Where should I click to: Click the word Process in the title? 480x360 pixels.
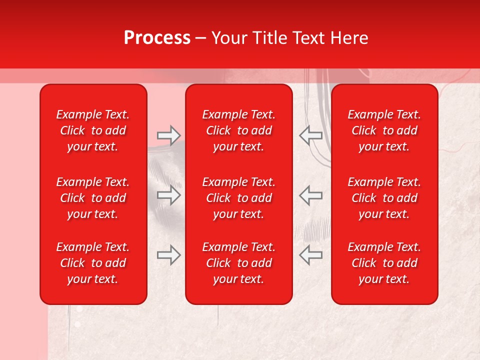point(157,38)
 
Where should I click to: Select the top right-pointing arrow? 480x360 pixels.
point(168,135)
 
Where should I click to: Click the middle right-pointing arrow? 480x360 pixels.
point(168,195)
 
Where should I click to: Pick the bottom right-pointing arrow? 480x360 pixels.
point(168,255)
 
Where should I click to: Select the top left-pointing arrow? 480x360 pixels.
point(310,135)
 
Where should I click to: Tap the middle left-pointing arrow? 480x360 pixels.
point(310,195)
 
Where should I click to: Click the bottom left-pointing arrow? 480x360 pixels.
point(310,255)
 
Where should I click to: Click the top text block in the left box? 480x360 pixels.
point(93,130)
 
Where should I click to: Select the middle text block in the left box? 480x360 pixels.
point(93,198)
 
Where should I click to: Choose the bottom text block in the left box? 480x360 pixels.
point(93,263)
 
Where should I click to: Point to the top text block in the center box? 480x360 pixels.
point(238,130)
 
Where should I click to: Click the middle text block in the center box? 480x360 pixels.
point(238,198)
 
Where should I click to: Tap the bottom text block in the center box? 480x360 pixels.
point(238,263)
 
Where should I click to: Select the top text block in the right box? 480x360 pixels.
point(384,130)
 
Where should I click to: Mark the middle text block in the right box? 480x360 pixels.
point(384,198)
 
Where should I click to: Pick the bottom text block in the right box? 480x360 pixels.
point(384,263)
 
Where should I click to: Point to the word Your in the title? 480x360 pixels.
point(227,38)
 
